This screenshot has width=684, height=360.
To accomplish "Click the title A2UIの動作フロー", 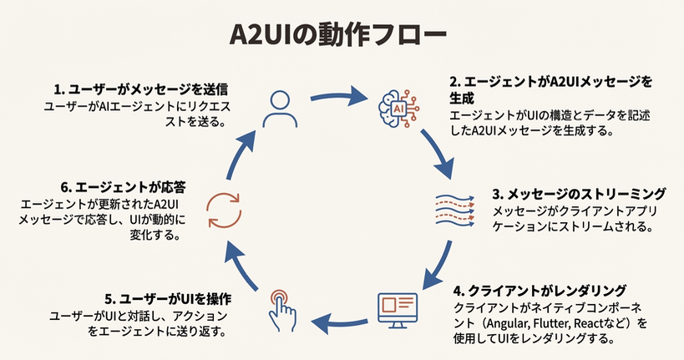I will pyautogui.click(x=342, y=36).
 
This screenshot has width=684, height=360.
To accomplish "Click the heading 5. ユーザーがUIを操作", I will pyautogui.click(x=168, y=298).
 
